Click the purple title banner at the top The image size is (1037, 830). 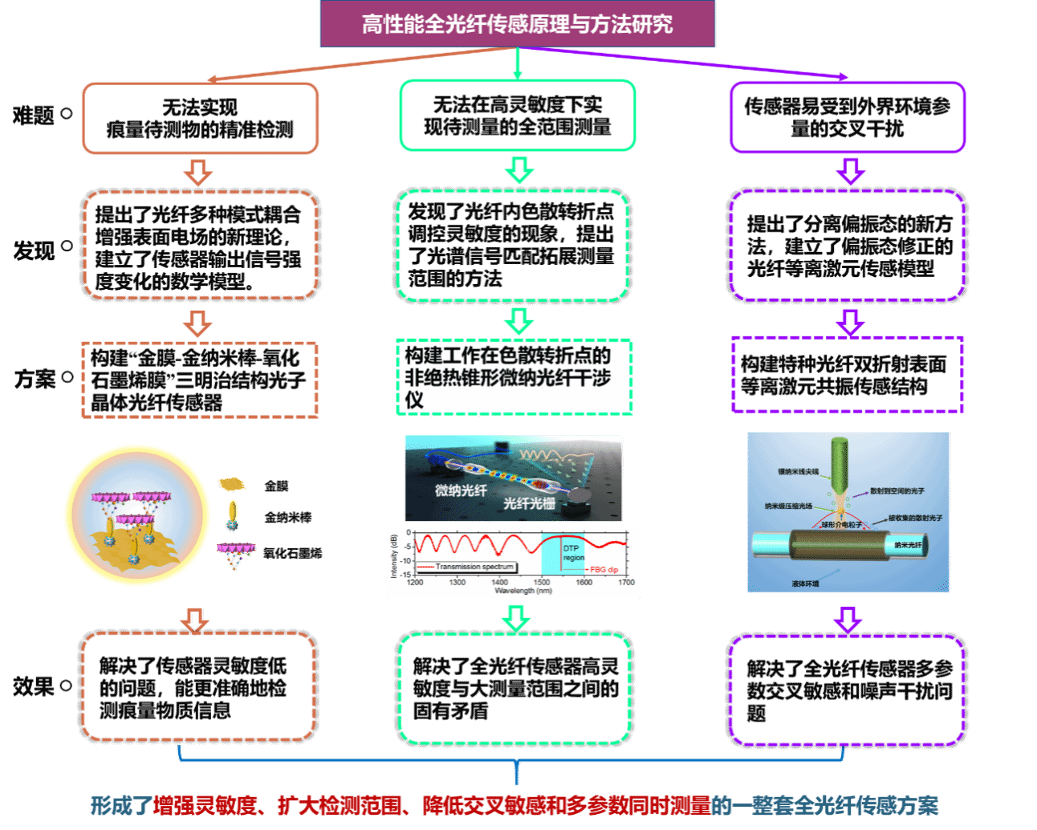[517, 24]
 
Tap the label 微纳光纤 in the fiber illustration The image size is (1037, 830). [461, 490]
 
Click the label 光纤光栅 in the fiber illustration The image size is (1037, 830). [529, 503]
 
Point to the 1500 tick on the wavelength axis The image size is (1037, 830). [542, 582]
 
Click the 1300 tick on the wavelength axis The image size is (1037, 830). [457, 582]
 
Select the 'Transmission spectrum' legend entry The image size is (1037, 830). [474, 567]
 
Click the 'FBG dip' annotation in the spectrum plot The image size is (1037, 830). [604, 569]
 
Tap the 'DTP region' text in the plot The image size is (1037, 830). [573, 553]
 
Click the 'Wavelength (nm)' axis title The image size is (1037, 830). [523, 591]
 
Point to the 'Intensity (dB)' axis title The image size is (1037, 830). [394, 555]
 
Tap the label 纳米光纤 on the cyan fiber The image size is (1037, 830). [908, 545]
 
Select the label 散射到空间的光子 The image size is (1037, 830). [897, 490]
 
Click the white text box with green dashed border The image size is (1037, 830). [514, 377]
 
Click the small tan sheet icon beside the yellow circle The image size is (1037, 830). [231, 484]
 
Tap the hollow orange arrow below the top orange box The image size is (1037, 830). [197, 172]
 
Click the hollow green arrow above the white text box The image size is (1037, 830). [518, 321]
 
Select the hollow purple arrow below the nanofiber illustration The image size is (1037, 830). [848, 620]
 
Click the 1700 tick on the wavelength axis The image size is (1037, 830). [626, 582]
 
